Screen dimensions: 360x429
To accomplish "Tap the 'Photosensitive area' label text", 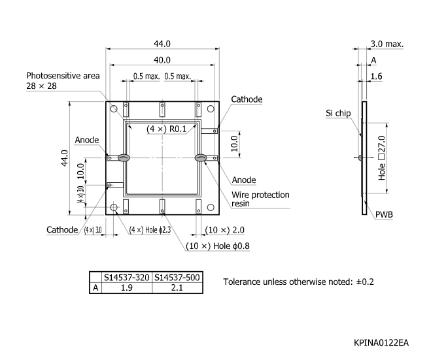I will [63, 76].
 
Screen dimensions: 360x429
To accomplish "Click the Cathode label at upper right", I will [247, 99].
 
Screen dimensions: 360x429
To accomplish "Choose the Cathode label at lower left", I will [62, 229].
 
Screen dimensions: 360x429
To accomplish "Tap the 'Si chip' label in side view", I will [339, 113].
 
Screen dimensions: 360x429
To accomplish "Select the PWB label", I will [384, 214].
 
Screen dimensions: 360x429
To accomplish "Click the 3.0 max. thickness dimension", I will [386, 44].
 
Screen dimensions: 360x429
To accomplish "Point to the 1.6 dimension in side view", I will [376, 76].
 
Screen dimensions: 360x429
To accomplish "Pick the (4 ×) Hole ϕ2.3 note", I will [150, 229].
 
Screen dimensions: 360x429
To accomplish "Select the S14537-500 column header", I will [176, 278].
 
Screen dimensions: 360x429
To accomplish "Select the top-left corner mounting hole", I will [114, 108].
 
